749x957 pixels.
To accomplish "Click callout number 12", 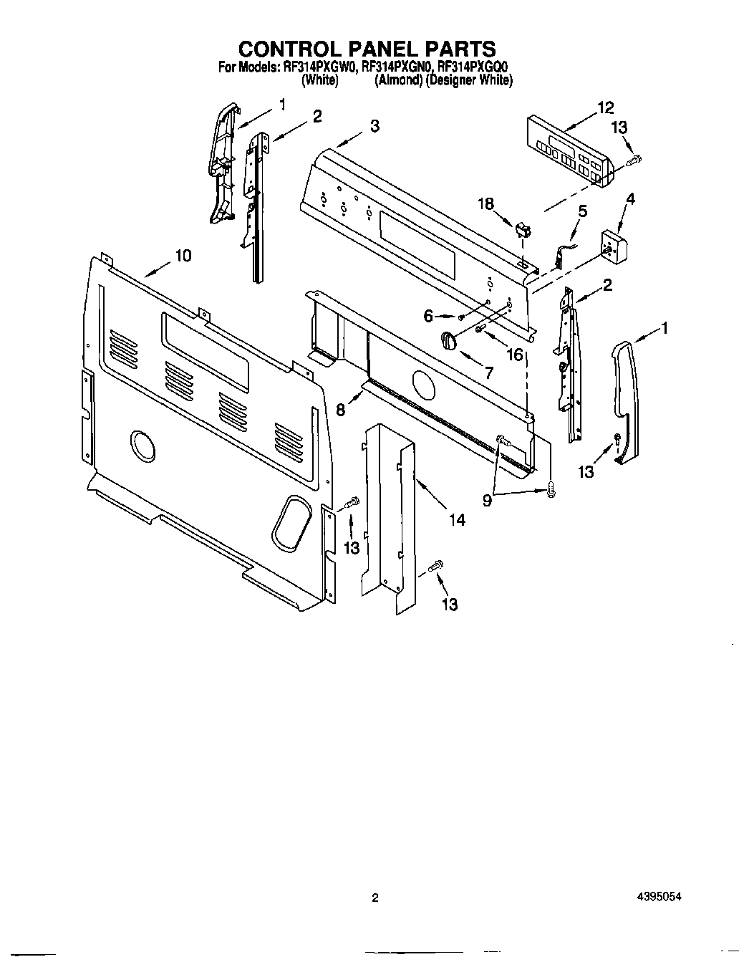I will pos(606,108).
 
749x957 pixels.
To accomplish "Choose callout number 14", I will pos(456,519).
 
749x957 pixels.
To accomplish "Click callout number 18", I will pos(486,203).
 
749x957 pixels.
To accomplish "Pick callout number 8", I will pos(341,409).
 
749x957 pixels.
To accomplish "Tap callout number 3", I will pos(374,126).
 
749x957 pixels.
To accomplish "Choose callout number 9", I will pos(488,501).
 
